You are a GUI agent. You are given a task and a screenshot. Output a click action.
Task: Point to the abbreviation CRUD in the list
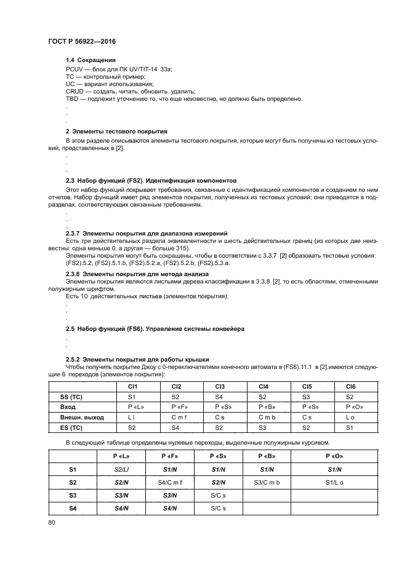(x=75, y=91)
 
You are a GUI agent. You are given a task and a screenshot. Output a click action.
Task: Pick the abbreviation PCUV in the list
(x=75, y=68)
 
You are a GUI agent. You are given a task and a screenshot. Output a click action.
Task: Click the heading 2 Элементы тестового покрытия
(x=116, y=132)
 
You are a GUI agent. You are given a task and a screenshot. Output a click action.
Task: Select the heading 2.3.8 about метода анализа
(x=137, y=273)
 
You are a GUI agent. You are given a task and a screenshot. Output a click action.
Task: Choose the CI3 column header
(x=220, y=386)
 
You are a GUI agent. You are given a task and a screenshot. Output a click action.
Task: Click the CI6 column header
(x=351, y=386)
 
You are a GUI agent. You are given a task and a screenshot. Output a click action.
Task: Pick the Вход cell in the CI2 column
(x=176, y=406)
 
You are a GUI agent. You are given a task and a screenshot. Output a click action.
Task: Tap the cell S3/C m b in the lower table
(x=267, y=482)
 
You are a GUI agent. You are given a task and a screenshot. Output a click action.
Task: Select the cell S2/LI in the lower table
(x=120, y=469)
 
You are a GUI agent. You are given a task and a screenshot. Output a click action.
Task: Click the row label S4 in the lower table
(x=72, y=508)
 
